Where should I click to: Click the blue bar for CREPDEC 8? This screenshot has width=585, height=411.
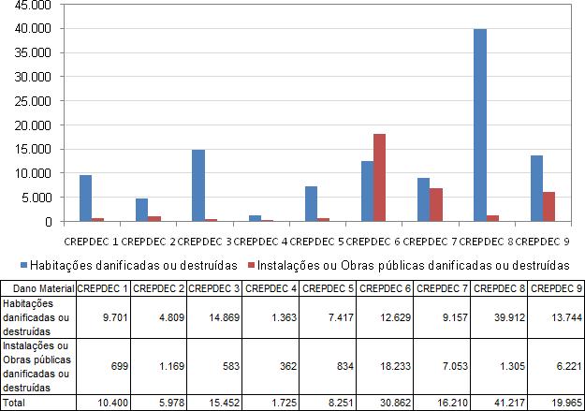pos(480,125)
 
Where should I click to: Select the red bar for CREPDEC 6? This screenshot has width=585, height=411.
pos(379,178)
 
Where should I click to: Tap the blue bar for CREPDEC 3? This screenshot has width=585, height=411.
pos(198,185)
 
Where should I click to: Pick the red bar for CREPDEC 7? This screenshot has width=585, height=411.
pos(436,205)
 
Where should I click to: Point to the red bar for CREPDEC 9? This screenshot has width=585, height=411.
pos(548,207)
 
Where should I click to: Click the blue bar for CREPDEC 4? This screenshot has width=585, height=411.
pos(256,218)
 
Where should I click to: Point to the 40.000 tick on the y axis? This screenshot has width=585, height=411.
pos(33,29)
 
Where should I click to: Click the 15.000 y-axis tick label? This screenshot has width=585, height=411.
pos(33,149)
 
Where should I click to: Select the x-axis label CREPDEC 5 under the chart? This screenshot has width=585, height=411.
pos(317,242)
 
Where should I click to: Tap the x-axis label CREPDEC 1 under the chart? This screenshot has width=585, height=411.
pos(92,242)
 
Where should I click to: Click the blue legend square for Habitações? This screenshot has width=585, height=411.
pos(24,265)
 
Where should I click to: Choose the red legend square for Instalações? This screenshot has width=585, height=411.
pos(251,265)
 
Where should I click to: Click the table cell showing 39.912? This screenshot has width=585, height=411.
pos(499,317)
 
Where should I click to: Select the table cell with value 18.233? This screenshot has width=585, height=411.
pos(385,366)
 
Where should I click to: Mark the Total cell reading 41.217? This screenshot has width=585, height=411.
pos(499,403)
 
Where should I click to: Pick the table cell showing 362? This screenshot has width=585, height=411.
pos(271,366)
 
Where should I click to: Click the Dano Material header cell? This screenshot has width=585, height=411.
pos(38,288)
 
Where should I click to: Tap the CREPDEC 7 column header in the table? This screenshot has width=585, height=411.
pos(442,288)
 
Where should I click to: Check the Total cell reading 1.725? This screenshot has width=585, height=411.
pos(271,403)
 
